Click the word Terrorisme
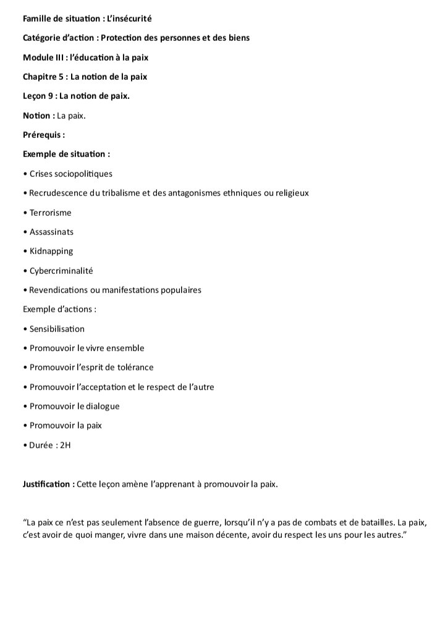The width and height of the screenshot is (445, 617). click(51, 213)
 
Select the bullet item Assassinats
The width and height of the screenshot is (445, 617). click(51, 232)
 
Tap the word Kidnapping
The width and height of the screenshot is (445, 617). click(51, 251)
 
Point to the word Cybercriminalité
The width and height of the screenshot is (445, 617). click(61, 271)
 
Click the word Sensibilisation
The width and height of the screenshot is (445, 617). click(57, 329)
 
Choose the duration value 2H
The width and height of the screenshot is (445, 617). click(64, 445)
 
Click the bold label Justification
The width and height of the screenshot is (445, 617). click(48, 484)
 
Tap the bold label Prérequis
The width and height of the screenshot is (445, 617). click(43, 135)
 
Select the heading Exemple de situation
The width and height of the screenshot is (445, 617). click(66, 154)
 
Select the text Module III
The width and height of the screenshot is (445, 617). click(43, 57)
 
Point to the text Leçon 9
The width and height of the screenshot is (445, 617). click(39, 96)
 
